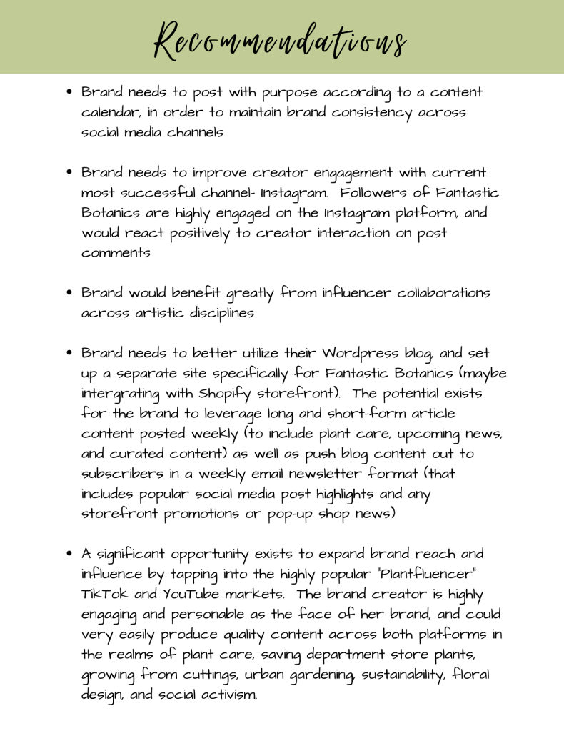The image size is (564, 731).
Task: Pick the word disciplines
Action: click(206, 314)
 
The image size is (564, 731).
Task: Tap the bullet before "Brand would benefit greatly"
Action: click(70, 294)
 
